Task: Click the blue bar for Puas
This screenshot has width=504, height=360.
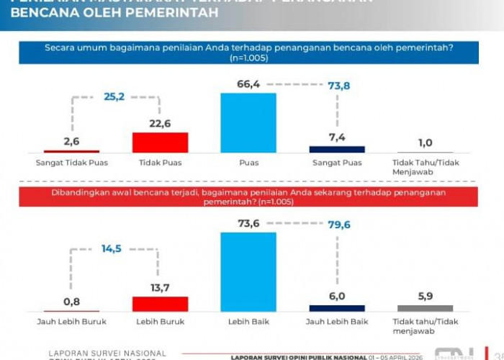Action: (248, 122)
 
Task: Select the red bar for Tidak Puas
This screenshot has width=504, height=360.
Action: (160, 142)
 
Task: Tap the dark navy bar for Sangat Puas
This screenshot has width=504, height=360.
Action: (337, 149)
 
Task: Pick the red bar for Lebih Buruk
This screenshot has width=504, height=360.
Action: (160, 303)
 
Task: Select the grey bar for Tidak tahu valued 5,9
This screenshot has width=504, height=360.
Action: (425, 307)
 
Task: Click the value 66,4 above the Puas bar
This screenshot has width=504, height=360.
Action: (248, 85)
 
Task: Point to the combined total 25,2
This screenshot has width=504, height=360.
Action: (114, 95)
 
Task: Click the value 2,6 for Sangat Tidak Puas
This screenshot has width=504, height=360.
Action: (71, 142)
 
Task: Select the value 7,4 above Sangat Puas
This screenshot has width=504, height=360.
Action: (337, 138)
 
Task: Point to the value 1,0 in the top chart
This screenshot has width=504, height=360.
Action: (425, 143)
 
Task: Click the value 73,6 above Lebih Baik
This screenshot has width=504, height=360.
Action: (248, 224)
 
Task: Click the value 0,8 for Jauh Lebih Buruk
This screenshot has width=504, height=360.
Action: (71, 302)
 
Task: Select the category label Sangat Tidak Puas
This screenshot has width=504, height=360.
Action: (71, 163)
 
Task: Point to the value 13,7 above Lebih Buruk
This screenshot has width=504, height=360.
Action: (160, 287)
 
